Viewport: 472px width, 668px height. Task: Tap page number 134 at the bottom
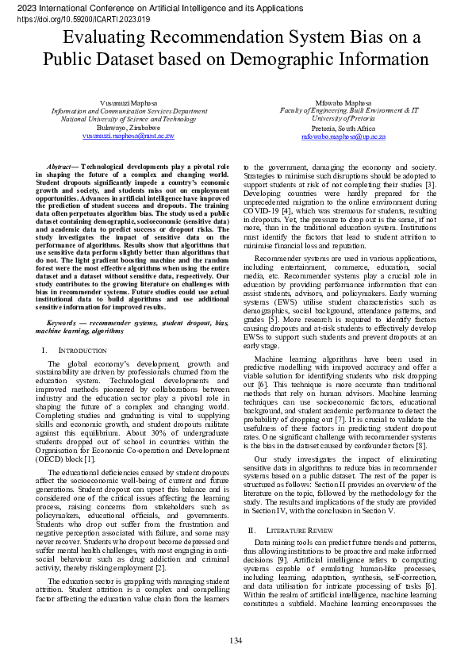(236, 640)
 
